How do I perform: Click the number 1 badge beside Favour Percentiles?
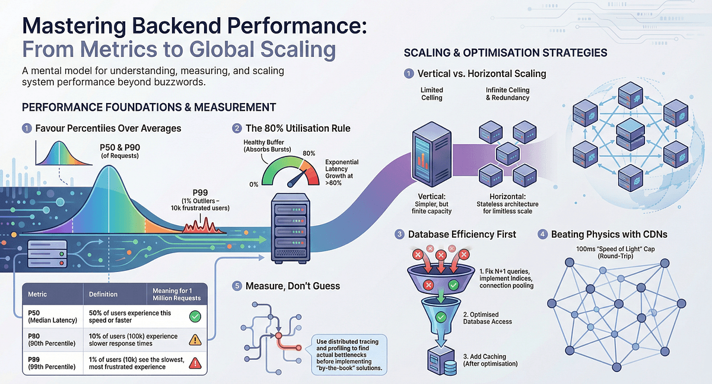point(26,128)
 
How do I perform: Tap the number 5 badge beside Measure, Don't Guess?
point(237,286)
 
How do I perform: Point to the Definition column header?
point(103,294)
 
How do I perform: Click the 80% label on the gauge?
point(308,153)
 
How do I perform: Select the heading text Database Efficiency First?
point(462,234)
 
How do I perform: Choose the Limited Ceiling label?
point(431,94)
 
